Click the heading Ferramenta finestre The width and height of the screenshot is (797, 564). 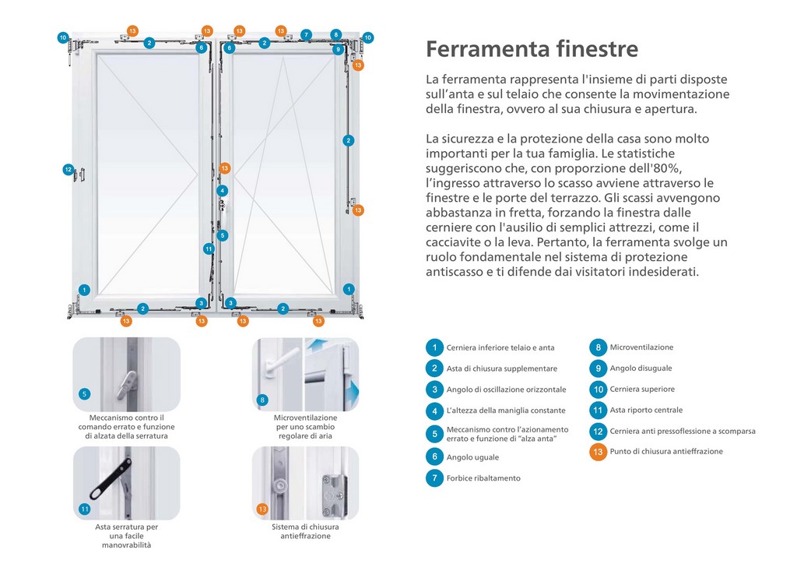(532, 49)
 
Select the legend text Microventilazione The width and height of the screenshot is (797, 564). (641, 347)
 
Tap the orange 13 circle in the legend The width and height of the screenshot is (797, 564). (598, 452)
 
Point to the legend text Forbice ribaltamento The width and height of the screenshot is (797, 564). (483, 478)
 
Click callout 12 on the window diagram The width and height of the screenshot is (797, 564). (68, 170)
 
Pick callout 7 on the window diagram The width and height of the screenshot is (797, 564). (306, 34)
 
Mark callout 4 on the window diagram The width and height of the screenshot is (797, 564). (222, 191)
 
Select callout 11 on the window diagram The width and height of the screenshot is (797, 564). (209, 249)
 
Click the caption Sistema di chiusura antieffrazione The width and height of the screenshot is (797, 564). (305, 531)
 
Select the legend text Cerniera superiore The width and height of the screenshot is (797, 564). (642, 390)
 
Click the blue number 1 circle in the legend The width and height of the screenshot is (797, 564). (434, 347)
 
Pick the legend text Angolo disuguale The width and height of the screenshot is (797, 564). (641, 368)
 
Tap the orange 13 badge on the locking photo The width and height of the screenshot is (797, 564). (262, 509)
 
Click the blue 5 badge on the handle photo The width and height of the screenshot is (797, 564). (85, 394)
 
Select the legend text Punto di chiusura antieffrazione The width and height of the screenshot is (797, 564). (666, 452)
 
